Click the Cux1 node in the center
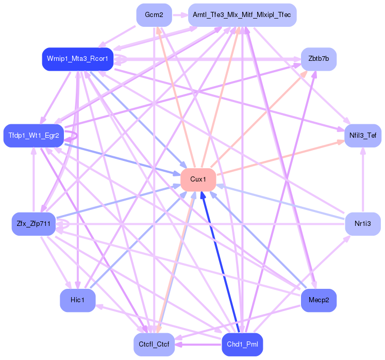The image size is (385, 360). (x=198, y=179)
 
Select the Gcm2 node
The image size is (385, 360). (x=154, y=15)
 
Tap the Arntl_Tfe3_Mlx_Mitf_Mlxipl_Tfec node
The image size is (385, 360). (x=242, y=15)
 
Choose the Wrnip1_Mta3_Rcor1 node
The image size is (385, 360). (x=77, y=59)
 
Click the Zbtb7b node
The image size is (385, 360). (x=319, y=59)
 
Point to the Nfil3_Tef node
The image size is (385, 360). (x=363, y=135)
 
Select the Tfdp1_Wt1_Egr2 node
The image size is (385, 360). (x=34, y=135)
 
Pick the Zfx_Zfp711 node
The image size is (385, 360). (x=34, y=223)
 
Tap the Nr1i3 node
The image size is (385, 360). (x=363, y=223)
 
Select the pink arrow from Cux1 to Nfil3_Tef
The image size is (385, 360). (x=281, y=158)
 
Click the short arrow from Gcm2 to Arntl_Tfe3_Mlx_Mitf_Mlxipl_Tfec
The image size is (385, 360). (x=178, y=15)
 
